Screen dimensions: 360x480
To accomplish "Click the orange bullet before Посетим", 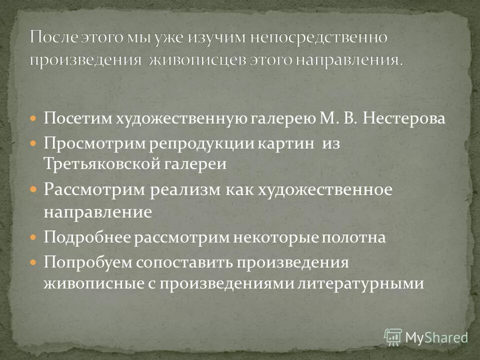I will coord(33,118).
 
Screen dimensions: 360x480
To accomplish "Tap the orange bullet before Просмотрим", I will coord(33,142).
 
